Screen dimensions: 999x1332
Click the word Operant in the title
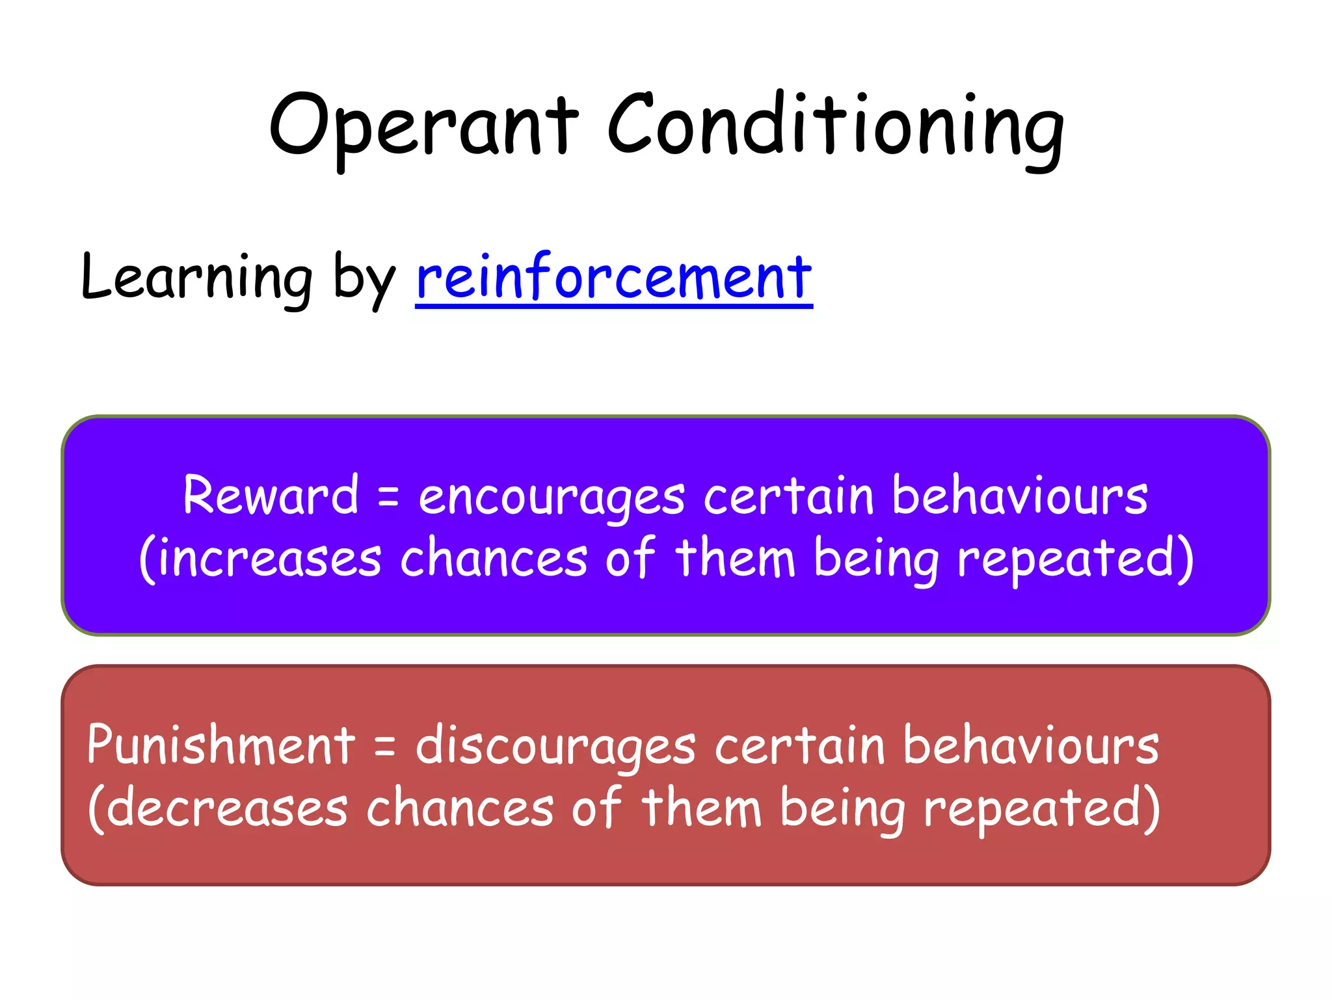(423, 127)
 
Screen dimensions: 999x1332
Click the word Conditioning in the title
(835, 127)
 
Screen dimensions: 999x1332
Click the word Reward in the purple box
(271, 496)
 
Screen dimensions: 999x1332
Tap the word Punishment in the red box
(221, 745)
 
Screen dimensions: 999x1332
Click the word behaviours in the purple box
(1019, 496)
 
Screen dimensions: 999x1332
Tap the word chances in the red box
(460, 809)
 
